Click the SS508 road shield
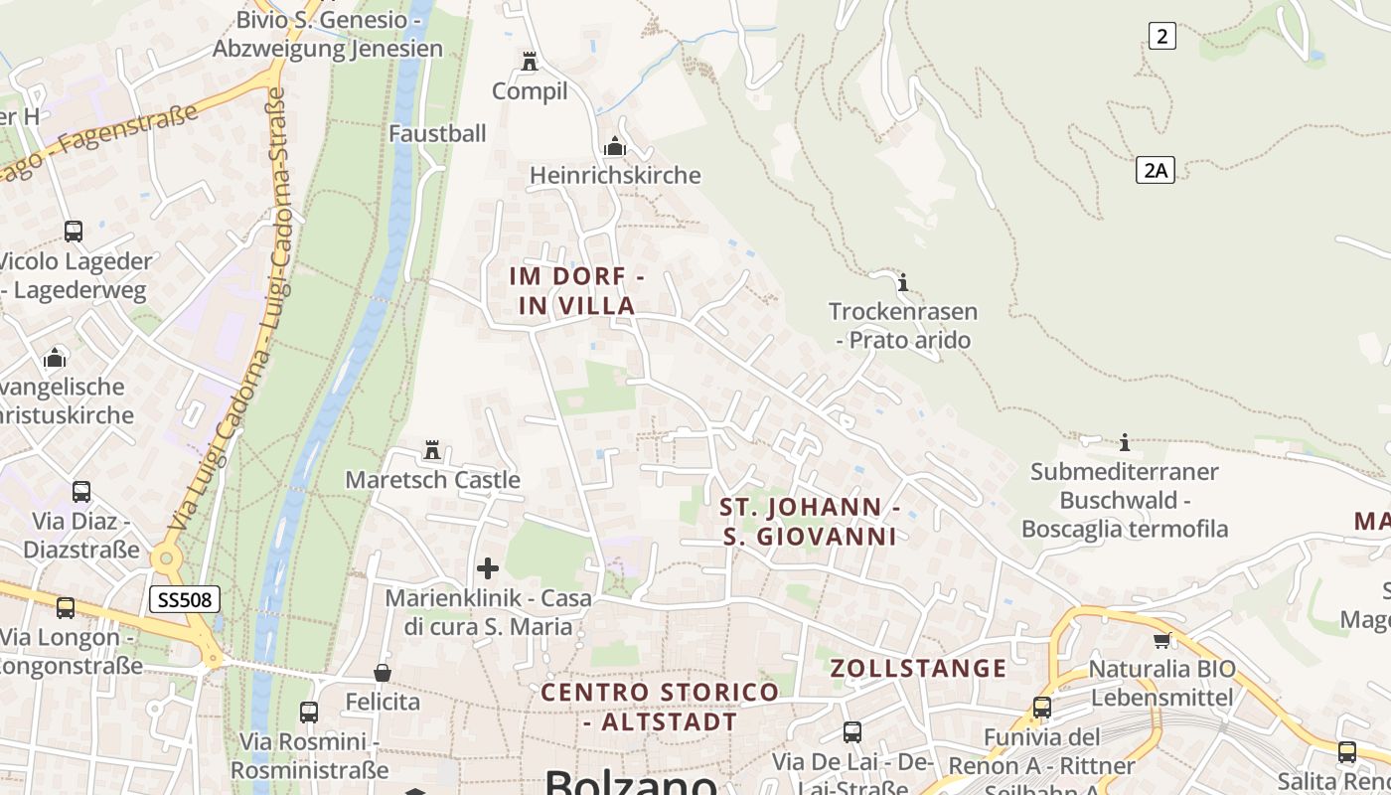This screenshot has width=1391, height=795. pos(185,599)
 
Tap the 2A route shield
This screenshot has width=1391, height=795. pos(1155,170)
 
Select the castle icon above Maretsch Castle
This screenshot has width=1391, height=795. pos(432,450)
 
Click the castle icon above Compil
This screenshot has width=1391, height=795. pos(530,62)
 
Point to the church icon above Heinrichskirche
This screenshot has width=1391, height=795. pos(615,147)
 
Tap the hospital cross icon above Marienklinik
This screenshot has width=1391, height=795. pos(488,568)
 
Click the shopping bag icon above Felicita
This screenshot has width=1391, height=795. pos(383,673)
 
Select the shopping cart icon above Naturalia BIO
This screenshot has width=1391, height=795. pos(1161,639)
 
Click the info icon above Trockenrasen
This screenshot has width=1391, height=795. pos(903,282)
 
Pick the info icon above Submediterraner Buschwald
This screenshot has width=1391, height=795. pos(1125,441)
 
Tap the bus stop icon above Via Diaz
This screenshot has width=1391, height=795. pos(81,491)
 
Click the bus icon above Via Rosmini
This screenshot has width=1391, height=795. pos(309,712)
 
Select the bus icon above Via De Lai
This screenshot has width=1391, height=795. pos(852,732)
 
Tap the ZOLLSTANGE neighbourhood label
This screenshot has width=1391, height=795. pos(918,668)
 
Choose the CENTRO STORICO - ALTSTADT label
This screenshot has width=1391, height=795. pos(661,707)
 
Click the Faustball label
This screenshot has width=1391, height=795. pos(437,133)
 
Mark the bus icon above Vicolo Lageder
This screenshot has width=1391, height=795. pos(74,232)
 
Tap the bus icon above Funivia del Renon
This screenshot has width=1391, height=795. pos(1042,708)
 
